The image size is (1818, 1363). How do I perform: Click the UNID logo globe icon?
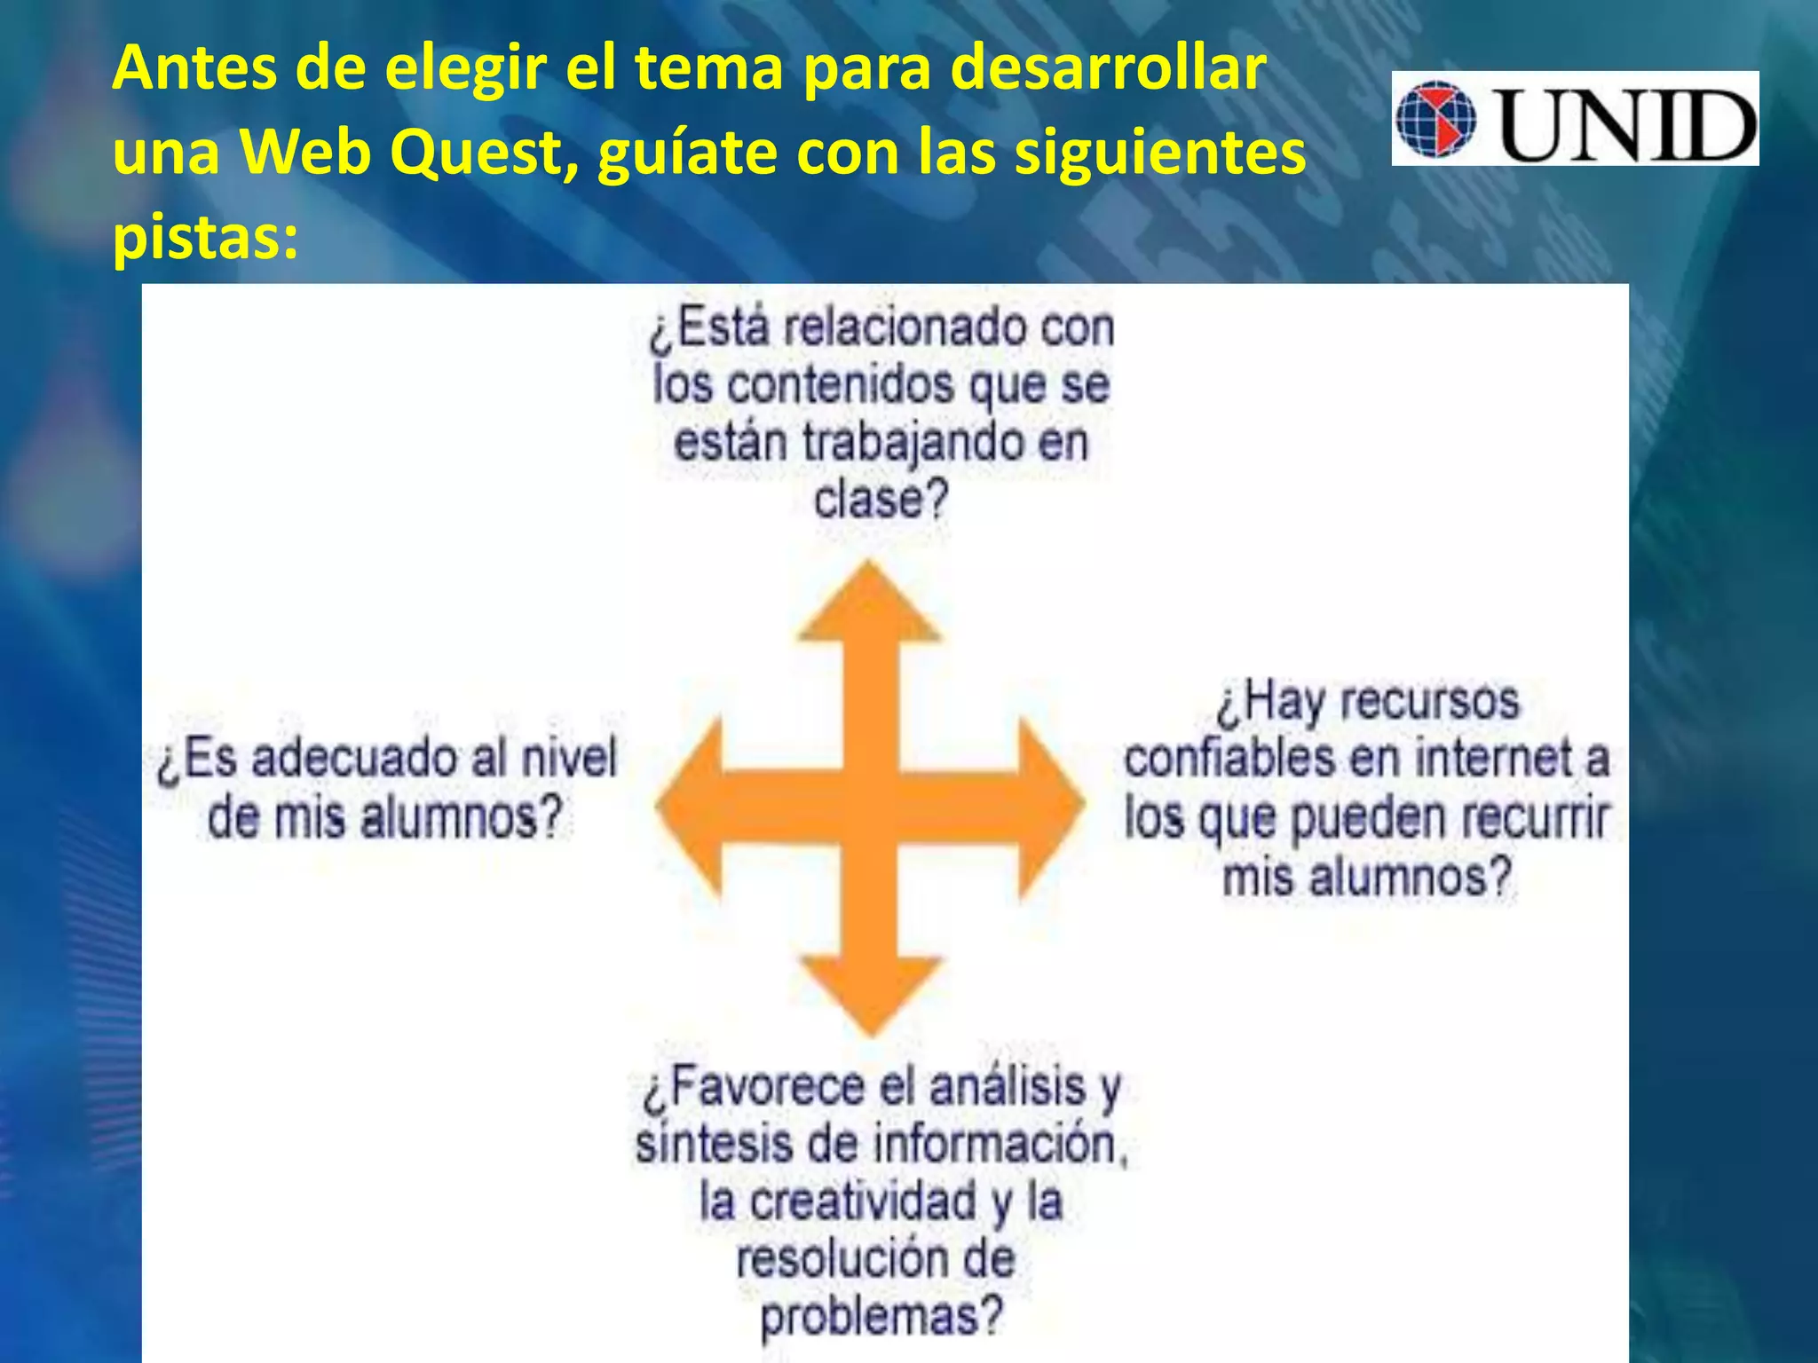click(x=1435, y=120)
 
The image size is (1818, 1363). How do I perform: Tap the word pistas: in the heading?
click(x=205, y=237)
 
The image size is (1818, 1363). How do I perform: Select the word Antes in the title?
click(x=194, y=68)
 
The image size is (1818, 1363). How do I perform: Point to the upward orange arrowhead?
click(x=870, y=603)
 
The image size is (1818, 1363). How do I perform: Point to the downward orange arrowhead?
click(x=870, y=994)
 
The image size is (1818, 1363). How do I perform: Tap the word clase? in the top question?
click(x=881, y=499)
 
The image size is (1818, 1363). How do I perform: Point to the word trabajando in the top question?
click(x=913, y=442)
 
